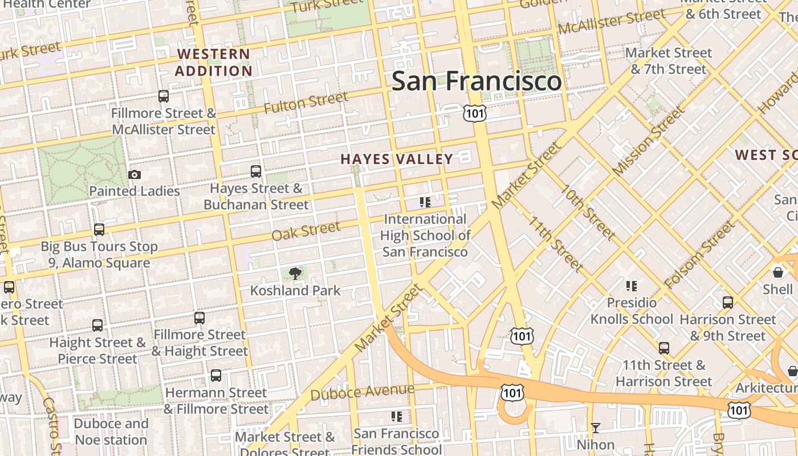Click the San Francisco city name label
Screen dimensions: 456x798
(x=477, y=81)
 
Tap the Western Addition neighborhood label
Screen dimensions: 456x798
(x=213, y=63)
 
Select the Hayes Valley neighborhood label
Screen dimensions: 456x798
(x=397, y=159)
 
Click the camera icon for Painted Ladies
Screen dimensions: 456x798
(x=135, y=175)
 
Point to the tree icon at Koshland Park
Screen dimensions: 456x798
(x=295, y=274)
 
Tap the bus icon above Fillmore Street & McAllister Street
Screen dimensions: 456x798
(x=164, y=96)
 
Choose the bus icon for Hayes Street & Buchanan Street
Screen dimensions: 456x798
(x=256, y=172)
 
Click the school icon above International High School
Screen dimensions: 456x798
(x=425, y=202)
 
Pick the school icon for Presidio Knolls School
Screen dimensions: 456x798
(x=631, y=286)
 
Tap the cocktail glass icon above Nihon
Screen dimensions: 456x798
(x=596, y=428)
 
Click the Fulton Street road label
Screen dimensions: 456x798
(x=306, y=103)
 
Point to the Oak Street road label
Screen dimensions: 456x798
(x=306, y=231)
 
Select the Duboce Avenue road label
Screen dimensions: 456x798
(x=363, y=392)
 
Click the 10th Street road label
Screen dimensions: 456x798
(x=588, y=212)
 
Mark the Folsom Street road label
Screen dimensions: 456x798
(x=700, y=255)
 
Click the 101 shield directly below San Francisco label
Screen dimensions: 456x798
(x=474, y=113)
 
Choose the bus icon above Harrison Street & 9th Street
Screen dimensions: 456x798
(x=728, y=303)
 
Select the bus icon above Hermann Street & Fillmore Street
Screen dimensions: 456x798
(x=216, y=376)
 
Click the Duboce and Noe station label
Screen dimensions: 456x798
(x=111, y=432)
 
